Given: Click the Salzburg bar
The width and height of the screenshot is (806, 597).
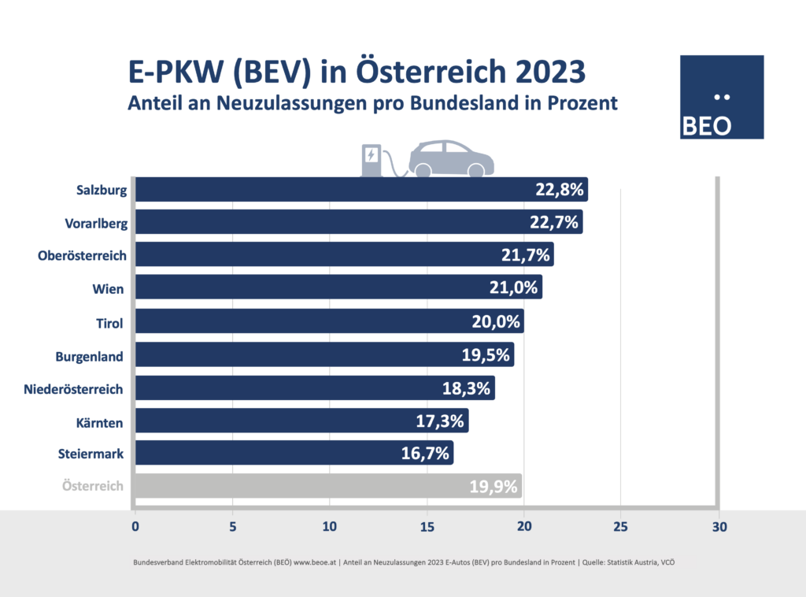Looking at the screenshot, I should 331,190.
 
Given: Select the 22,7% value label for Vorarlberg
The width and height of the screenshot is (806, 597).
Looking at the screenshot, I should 555,223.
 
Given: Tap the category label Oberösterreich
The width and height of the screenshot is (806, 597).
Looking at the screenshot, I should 81,256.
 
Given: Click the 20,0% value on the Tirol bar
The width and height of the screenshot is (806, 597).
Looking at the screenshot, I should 495,321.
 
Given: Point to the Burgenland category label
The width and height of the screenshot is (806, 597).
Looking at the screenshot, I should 89,356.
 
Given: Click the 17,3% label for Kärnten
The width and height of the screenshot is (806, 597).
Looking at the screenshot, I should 440,421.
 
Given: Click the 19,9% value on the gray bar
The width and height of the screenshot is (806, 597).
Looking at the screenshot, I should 493,486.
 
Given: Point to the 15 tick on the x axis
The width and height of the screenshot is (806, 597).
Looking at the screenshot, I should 427,526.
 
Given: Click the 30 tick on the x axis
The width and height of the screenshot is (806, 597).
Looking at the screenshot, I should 718,526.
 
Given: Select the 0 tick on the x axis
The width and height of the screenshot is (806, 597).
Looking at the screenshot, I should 135,526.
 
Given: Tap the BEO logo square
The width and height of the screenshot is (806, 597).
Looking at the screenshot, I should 721,97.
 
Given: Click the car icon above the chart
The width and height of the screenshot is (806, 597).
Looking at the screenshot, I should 452,158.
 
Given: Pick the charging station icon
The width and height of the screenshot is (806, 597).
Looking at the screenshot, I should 369,160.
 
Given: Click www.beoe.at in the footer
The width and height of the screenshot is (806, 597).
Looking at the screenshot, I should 315,562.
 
